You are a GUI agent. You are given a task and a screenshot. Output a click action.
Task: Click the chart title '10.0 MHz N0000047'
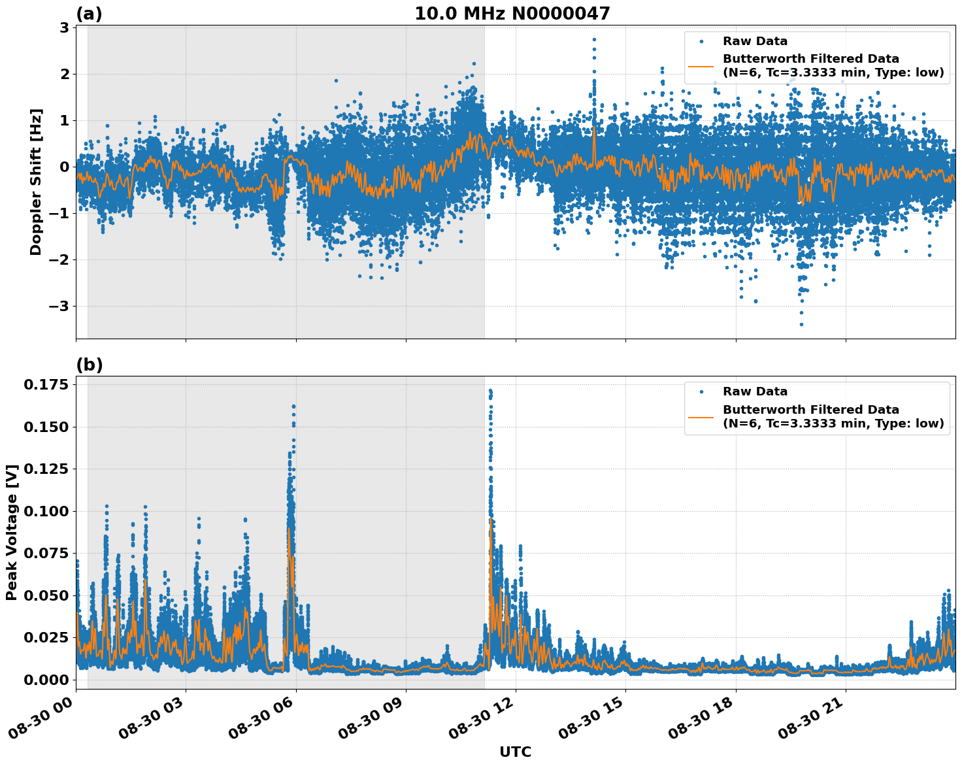[x=512, y=14]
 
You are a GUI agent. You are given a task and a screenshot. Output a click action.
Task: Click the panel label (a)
[x=89, y=14]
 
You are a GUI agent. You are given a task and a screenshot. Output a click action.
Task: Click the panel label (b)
[x=89, y=365]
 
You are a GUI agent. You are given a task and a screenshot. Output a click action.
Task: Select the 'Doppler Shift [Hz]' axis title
[x=36, y=182]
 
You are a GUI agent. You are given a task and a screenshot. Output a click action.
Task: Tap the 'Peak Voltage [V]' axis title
[x=11, y=532]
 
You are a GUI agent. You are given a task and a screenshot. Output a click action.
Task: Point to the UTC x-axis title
[x=515, y=752]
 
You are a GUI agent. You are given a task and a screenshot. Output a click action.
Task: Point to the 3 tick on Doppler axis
[x=64, y=27]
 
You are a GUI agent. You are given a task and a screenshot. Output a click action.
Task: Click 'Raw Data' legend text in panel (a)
[x=755, y=41]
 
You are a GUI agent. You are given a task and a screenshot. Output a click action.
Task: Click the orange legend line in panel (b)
[x=701, y=417]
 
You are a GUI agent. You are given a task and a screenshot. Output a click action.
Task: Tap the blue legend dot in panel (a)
[x=701, y=41]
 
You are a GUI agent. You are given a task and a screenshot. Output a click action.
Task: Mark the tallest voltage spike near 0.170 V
[x=490, y=391]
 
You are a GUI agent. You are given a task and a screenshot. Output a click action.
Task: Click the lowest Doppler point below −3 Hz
[x=801, y=324]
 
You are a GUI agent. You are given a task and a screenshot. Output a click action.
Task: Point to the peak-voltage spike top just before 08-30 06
[x=293, y=407]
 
